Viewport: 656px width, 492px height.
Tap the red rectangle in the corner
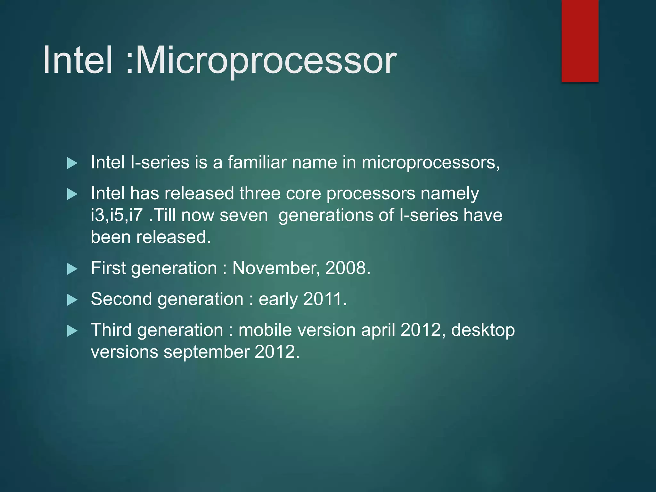(580, 41)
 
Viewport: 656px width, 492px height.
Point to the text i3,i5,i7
(117, 215)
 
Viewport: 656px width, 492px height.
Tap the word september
(206, 352)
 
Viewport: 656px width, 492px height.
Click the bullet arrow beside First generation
(72, 269)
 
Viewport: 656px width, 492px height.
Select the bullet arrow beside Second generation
(72, 300)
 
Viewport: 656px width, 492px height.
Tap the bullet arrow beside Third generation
(72, 331)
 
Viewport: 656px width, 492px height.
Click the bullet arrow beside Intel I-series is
(72, 163)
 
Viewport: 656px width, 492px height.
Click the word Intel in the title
(78, 60)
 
